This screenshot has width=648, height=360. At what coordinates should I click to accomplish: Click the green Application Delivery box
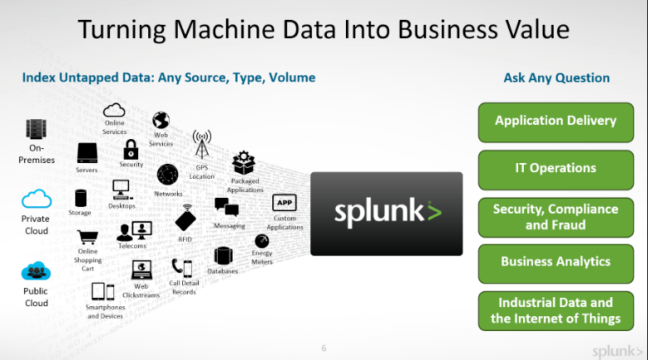coord(555,121)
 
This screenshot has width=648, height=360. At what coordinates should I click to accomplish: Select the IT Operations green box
coord(555,168)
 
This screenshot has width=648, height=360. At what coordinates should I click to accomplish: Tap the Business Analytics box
coord(555,262)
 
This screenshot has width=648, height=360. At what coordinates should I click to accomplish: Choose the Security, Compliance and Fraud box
coord(555,217)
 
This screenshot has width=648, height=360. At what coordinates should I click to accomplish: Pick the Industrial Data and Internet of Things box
coord(555,310)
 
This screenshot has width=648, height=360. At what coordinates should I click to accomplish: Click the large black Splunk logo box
coord(386,213)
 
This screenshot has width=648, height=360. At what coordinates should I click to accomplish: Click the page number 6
coord(324,348)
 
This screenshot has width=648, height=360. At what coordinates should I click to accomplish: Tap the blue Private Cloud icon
coord(36,199)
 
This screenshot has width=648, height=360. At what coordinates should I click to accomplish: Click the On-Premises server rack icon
coord(36,129)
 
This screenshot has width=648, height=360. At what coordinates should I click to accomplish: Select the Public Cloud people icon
coord(36,271)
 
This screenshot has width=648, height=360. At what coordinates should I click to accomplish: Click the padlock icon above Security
coord(131,149)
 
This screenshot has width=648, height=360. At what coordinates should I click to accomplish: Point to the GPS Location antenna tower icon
coord(202,143)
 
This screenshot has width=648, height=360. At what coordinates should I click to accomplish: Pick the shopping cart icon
coord(88,236)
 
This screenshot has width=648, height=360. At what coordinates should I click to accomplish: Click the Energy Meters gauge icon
coord(262,241)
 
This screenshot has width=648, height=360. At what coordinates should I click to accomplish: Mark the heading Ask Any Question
coord(556,78)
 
